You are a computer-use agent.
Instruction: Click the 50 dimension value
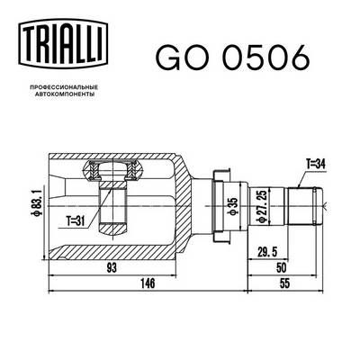tap(280, 268)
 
